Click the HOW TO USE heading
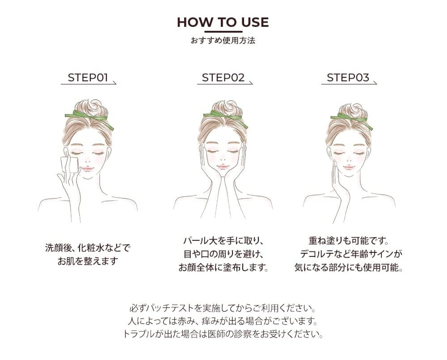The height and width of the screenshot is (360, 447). click(223, 22)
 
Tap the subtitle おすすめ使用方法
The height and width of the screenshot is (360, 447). click(223, 41)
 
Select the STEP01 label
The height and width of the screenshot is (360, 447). click(88, 77)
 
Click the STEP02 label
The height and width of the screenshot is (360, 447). click(223, 77)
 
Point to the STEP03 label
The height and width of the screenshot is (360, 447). click(348, 77)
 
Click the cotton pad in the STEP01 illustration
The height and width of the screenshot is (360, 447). click(70, 164)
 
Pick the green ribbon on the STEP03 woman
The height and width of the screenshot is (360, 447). click(352, 120)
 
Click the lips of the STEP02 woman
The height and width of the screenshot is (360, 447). click(223, 167)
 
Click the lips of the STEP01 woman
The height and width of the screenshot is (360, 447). click(88, 169)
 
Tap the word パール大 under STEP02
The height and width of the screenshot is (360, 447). click(200, 241)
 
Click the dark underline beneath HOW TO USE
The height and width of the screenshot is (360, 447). click(223, 32)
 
